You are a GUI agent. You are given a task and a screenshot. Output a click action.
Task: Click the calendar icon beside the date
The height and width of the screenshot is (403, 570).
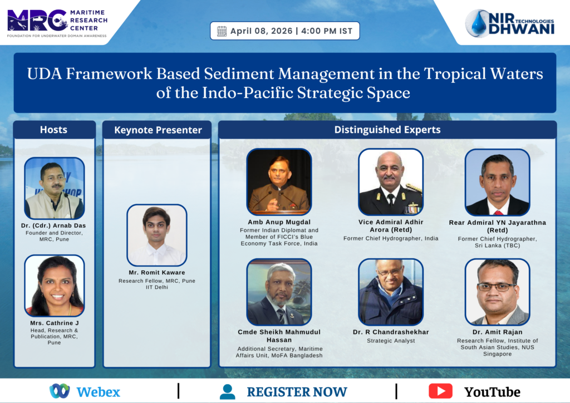pyautogui.click(x=222, y=31)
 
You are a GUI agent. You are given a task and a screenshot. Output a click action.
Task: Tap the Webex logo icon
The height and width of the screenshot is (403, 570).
pyautogui.click(x=60, y=391)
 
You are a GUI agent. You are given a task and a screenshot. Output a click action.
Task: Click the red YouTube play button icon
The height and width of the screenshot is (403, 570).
pyautogui.click(x=441, y=391)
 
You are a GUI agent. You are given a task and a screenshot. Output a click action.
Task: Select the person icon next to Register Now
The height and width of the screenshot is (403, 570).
pyautogui.click(x=228, y=392)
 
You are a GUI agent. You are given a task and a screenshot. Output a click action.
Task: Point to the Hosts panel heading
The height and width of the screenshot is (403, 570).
pyautogui.click(x=54, y=130)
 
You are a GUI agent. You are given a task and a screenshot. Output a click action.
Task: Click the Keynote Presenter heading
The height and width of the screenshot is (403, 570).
pyautogui.click(x=158, y=130)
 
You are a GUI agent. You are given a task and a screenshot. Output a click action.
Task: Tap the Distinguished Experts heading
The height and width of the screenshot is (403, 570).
pyautogui.click(x=387, y=130)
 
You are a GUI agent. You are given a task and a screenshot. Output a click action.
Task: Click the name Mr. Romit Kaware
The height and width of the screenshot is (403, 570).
pyautogui.click(x=157, y=273)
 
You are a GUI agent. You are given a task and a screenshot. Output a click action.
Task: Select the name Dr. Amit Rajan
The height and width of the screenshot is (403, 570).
pyautogui.click(x=497, y=332)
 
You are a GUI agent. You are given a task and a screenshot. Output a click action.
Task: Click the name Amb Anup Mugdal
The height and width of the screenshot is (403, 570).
pyautogui.click(x=279, y=222)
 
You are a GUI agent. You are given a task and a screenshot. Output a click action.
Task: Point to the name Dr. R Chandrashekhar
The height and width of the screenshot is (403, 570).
pyautogui.click(x=391, y=332)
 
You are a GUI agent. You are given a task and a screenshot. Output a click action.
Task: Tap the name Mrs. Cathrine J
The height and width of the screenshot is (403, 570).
pyautogui.click(x=55, y=323)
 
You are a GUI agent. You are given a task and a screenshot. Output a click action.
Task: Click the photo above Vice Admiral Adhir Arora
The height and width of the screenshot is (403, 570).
pyautogui.click(x=391, y=181)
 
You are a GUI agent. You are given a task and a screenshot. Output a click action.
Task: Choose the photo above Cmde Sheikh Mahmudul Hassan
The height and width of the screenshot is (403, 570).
pyautogui.click(x=279, y=292)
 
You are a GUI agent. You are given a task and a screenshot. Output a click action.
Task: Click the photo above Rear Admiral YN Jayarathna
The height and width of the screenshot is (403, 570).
pyautogui.click(x=497, y=182)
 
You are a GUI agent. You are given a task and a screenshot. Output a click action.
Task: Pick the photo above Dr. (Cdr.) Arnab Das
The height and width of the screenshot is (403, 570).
pyautogui.click(x=55, y=188)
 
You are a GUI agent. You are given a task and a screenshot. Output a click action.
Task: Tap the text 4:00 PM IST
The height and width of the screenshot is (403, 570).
pyautogui.click(x=327, y=31)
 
